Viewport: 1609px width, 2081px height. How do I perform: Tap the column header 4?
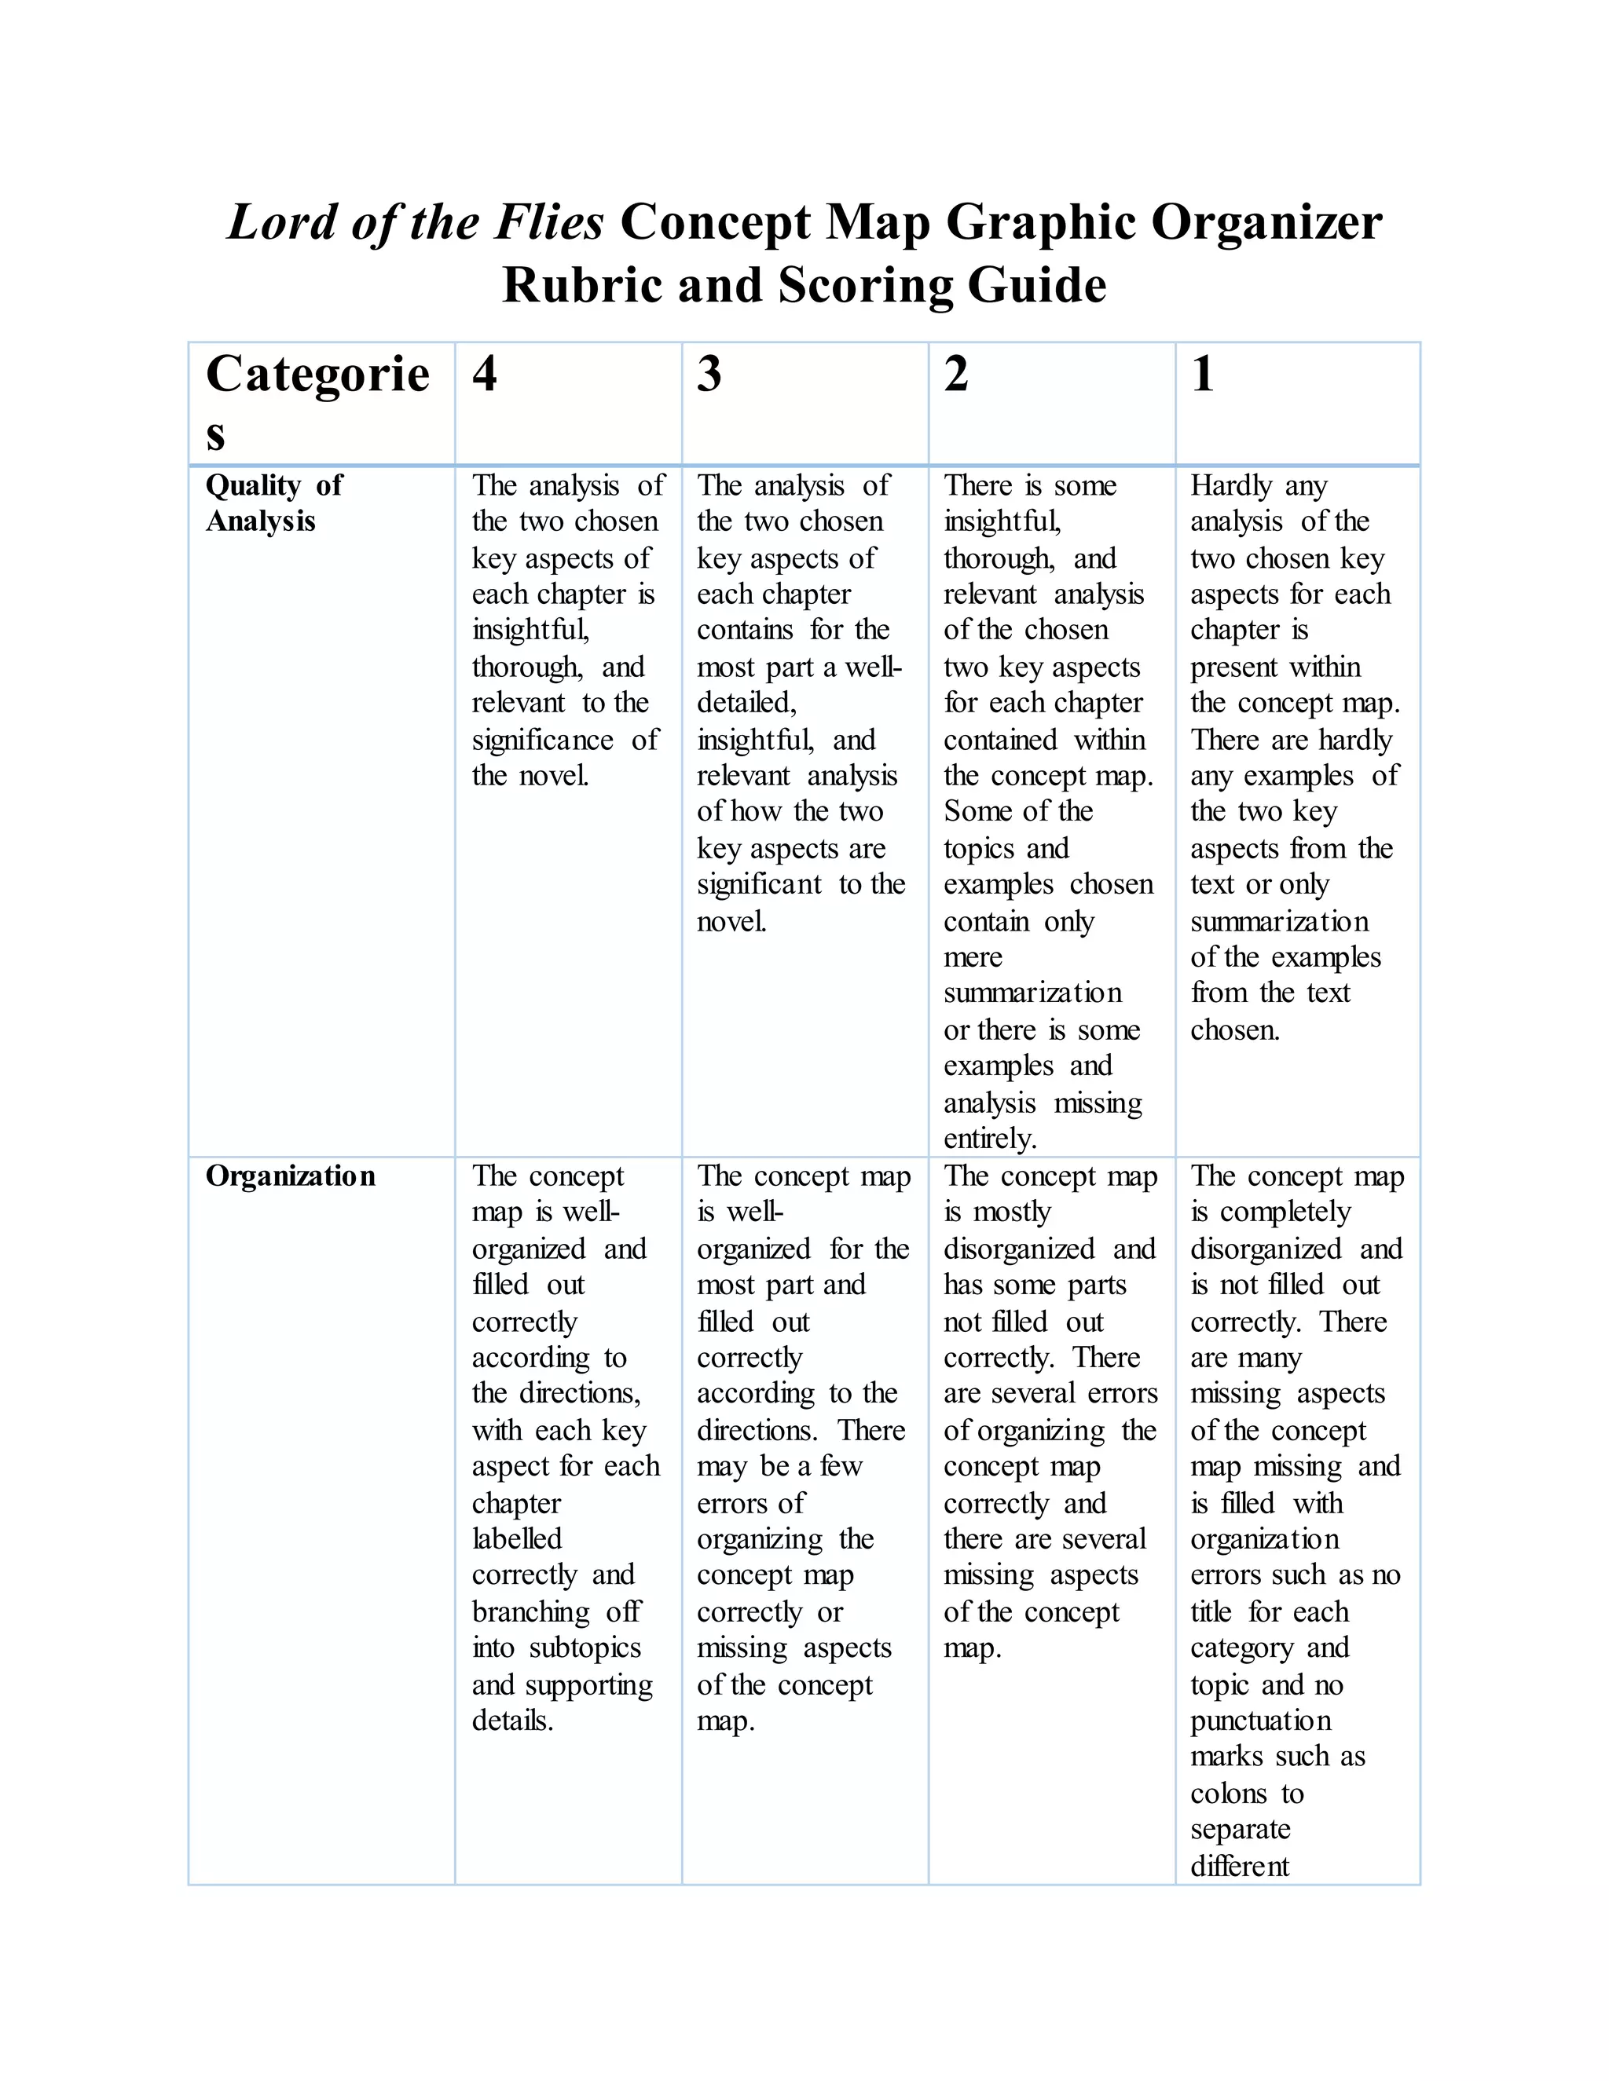[x=484, y=374]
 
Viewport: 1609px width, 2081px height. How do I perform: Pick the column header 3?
[x=709, y=374]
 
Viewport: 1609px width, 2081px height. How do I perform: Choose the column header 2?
[x=956, y=374]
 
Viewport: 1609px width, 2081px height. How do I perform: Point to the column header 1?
[x=1203, y=374]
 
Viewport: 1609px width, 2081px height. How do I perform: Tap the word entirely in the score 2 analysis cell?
[x=989, y=1139]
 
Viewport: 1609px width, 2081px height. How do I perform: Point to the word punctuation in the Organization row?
[x=1260, y=1721]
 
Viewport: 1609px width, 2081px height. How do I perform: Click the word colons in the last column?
[x=1229, y=1794]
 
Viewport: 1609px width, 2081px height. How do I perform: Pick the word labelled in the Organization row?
[x=517, y=1539]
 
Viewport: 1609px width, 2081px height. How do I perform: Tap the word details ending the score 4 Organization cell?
[x=512, y=1721]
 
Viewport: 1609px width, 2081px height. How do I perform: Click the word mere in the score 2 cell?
[x=973, y=957]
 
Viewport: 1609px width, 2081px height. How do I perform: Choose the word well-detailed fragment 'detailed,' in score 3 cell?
[x=746, y=703]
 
